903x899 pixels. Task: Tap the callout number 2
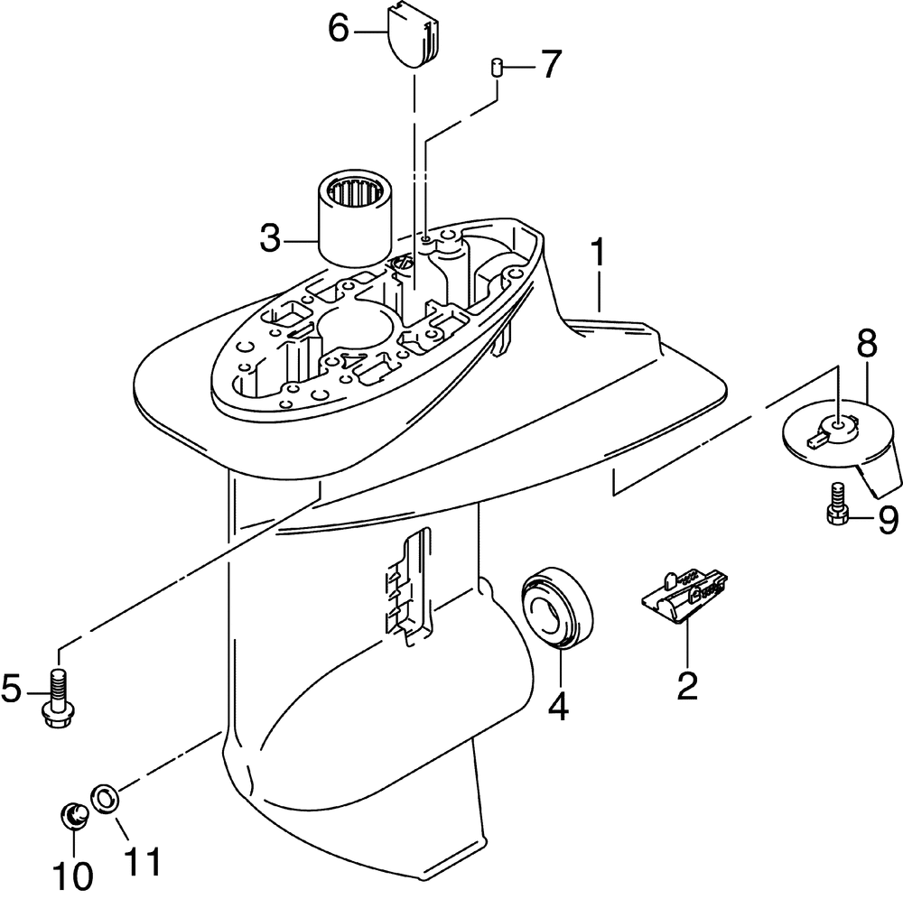(688, 686)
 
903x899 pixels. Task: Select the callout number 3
(270, 241)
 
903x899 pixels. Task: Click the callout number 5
(12, 690)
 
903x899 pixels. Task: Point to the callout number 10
(72, 874)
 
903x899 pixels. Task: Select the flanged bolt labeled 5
(59, 696)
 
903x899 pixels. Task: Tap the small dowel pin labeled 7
(496, 68)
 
